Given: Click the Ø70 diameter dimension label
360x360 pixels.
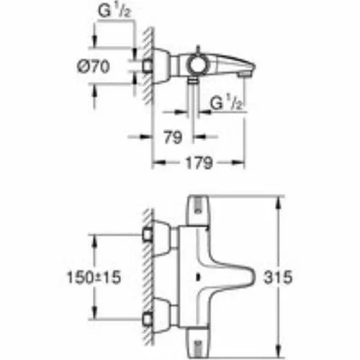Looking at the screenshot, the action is coord(94,66).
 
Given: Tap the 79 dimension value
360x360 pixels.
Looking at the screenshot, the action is coord(173,137).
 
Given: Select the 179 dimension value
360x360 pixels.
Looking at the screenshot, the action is coord(199,163).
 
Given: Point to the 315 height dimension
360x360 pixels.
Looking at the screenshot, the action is coord(278,277).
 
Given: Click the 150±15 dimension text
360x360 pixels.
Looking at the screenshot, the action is coord(94,277).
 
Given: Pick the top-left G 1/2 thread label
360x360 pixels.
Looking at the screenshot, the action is coord(114,11).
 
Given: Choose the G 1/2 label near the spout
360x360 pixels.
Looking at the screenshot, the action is coord(226,102).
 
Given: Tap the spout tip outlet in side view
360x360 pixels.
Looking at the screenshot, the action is coord(243,75).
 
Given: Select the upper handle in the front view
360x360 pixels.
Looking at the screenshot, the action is coord(198,211).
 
